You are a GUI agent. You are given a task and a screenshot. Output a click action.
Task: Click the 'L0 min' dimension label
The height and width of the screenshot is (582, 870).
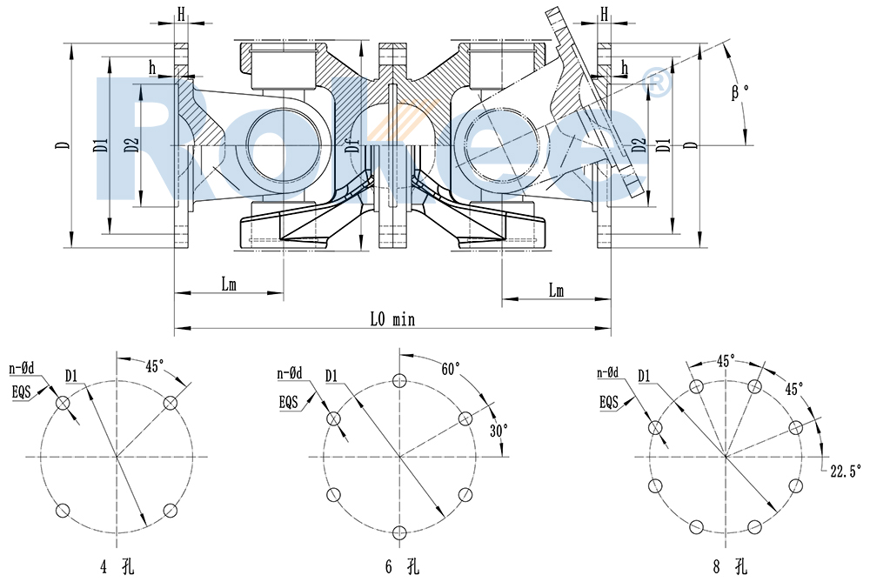392,319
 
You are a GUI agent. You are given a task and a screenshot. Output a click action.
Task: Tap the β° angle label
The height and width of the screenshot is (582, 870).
739,91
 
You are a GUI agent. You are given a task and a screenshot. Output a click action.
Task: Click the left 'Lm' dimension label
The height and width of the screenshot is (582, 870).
229,284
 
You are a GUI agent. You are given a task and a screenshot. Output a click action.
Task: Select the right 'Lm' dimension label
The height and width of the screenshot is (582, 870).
555,291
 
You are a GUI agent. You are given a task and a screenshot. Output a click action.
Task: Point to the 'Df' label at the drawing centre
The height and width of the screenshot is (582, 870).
351,146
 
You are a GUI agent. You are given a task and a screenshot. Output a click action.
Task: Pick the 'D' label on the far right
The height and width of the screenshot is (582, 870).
692,144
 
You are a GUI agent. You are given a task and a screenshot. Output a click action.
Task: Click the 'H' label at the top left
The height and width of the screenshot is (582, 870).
182,14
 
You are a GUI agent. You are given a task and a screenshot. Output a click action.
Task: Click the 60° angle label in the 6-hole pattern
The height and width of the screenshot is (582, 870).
451,369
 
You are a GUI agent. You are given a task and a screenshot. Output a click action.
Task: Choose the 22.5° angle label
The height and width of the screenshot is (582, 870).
845,471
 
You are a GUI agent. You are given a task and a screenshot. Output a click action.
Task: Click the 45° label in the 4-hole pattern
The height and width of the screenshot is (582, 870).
155,366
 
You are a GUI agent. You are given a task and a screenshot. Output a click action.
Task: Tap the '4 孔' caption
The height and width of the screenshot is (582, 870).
115,567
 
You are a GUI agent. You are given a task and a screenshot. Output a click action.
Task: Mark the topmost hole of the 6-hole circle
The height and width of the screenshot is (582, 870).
400,380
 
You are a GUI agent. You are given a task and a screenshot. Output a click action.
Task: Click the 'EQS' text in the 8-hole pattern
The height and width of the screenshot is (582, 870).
610,402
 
